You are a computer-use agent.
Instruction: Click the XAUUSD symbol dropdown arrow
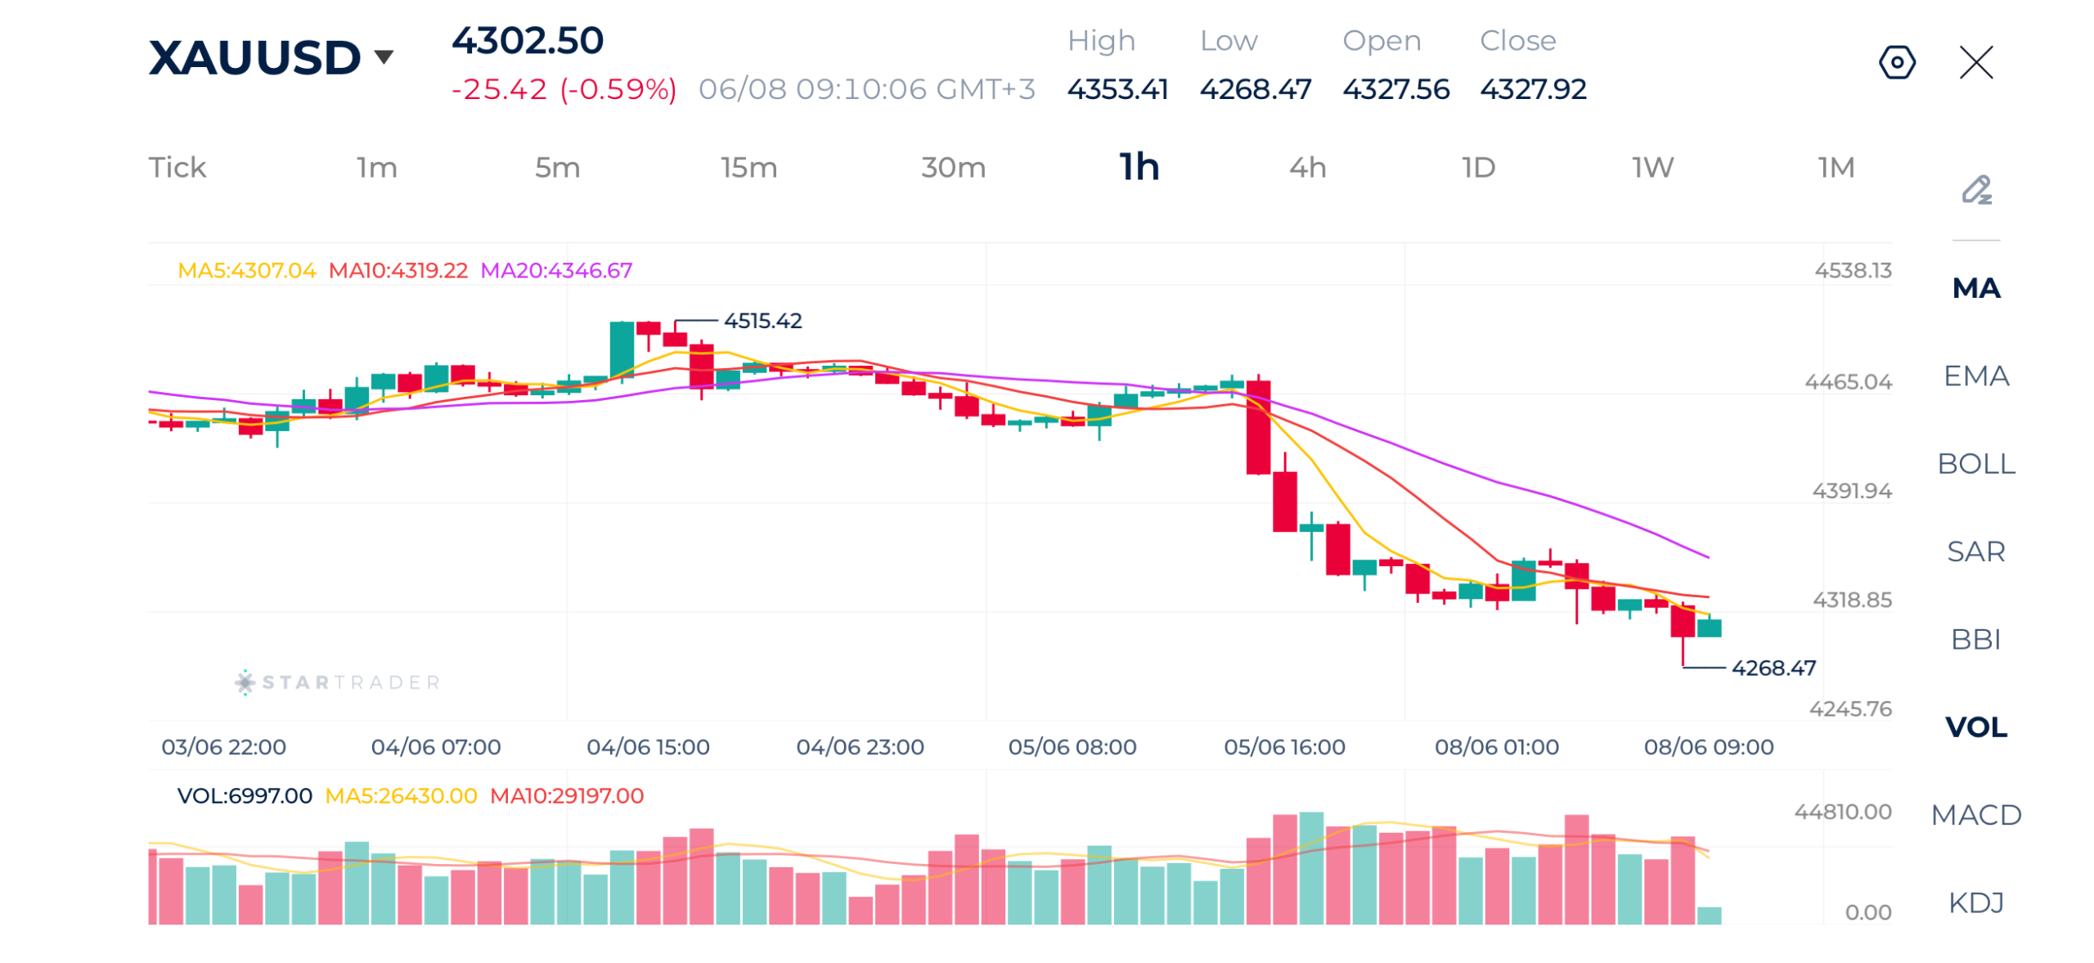pyautogui.click(x=383, y=56)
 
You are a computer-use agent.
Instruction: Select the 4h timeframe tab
pyautogui.click(x=1306, y=167)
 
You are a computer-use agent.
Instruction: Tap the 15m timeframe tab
pyautogui.click(x=748, y=167)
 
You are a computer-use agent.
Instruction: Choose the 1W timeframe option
pyautogui.click(x=1651, y=167)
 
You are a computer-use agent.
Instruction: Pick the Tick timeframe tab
pyautogui.click(x=177, y=167)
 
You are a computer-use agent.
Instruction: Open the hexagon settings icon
pyautogui.click(x=1895, y=62)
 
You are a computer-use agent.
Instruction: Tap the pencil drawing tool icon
pyautogui.click(x=1975, y=190)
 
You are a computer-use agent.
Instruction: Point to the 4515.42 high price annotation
pyautogui.click(x=762, y=320)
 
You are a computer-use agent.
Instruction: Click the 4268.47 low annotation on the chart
pyautogui.click(x=1773, y=668)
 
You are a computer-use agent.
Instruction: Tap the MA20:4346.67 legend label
pyautogui.click(x=555, y=270)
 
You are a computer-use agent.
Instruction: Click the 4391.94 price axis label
pyautogui.click(x=1851, y=490)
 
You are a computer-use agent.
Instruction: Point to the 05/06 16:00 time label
pyautogui.click(x=1283, y=746)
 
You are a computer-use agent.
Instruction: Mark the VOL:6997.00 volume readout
pyautogui.click(x=244, y=795)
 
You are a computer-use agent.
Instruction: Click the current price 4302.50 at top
pyautogui.click(x=527, y=40)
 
